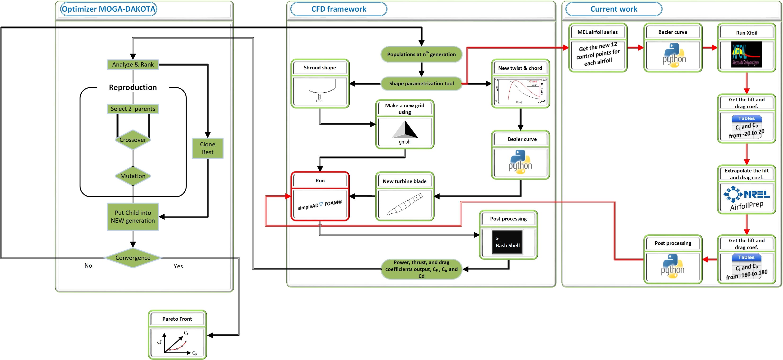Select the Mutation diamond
[133, 176]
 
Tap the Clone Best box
[208, 148]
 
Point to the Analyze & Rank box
[133, 64]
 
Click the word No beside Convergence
[88, 266]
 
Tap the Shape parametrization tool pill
[421, 84]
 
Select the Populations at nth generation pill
[421, 54]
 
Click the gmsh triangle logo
[405, 130]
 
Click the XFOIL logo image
[746, 54]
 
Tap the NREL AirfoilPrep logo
[746, 199]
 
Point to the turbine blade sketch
[405, 204]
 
